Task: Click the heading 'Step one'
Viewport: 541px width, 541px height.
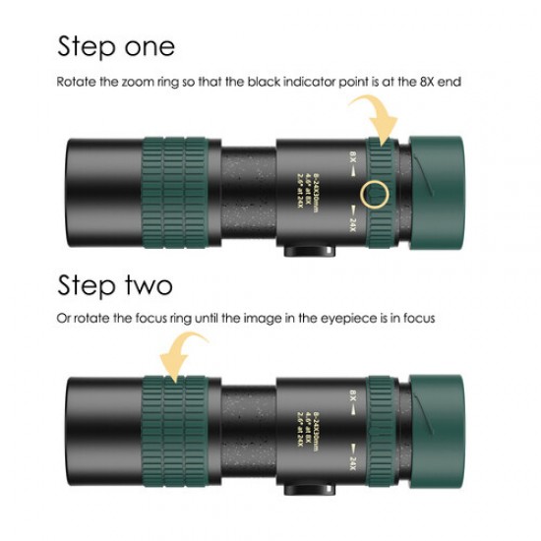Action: pos(116,46)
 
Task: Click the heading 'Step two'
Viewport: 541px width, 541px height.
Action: pos(115,286)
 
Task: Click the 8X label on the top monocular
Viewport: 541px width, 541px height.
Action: pos(352,156)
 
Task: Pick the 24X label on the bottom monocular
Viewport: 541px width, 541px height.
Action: pos(351,460)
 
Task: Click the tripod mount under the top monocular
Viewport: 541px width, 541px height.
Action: pos(304,252)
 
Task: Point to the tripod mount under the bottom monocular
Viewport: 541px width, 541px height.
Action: pos(304,488)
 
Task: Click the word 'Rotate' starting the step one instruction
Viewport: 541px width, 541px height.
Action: pos(76,82)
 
